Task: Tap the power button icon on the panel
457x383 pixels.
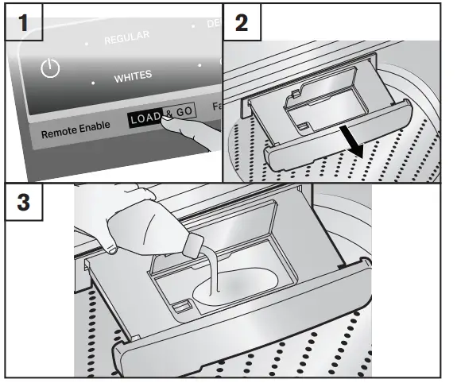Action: [x=50, y=68]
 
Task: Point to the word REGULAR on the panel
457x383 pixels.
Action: [x=126, y=39]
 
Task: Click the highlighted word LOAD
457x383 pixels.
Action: [x=145, y=117]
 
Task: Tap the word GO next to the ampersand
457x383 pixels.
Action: [x=184, y=113]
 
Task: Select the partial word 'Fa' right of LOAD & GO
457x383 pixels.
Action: [x=215, y=106]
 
